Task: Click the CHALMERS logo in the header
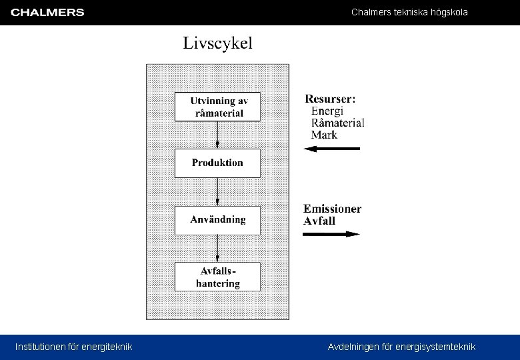pos(47,13)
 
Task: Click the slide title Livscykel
pos(218,44)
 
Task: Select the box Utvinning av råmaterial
pos(217,107)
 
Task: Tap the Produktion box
pos(217,163)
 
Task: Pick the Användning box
pos(217,220)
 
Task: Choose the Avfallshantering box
pos(217,277)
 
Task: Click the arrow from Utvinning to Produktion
pos(217,135)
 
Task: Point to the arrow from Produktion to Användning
pos(217,191)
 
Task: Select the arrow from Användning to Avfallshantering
pos(217,248)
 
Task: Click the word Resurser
pos(330,99)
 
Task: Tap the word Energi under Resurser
pos(327,111)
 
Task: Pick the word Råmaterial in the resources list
pos(337,123)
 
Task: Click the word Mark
pos(324,135)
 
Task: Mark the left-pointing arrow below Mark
pos(331,149)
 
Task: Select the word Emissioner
pos(333,209)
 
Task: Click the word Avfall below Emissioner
pos(319,221)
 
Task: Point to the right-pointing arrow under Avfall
pos(331,234)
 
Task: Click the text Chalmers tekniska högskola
pos(409,13)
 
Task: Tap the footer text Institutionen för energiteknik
pos(74,347)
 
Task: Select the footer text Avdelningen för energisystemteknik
pos(401,347)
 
